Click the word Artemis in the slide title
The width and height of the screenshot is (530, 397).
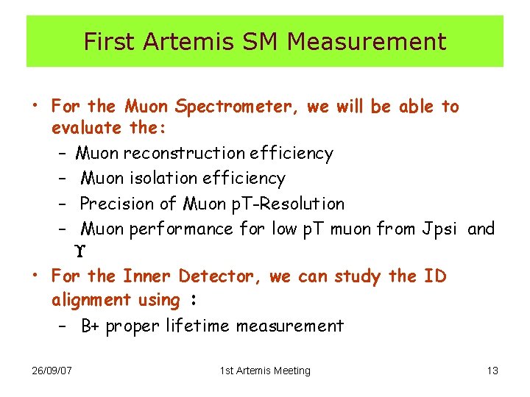coord(172,42)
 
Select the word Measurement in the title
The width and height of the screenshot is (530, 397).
coord(367,42)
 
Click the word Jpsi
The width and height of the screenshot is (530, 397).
coord(440,229)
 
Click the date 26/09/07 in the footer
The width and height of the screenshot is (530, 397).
coord(52,371)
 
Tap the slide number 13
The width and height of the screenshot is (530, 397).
coord(492,371)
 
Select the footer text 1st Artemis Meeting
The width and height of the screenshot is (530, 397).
coord(265,371)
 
